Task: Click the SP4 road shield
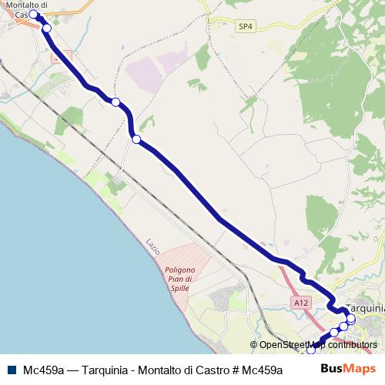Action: (x=245, y=26)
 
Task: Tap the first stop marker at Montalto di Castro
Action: (x=34, y=15)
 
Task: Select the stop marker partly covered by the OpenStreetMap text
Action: (x=334, y=333)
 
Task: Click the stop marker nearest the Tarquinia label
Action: (x=351, y=318)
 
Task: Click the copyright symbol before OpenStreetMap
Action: (x=254, y=345)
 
